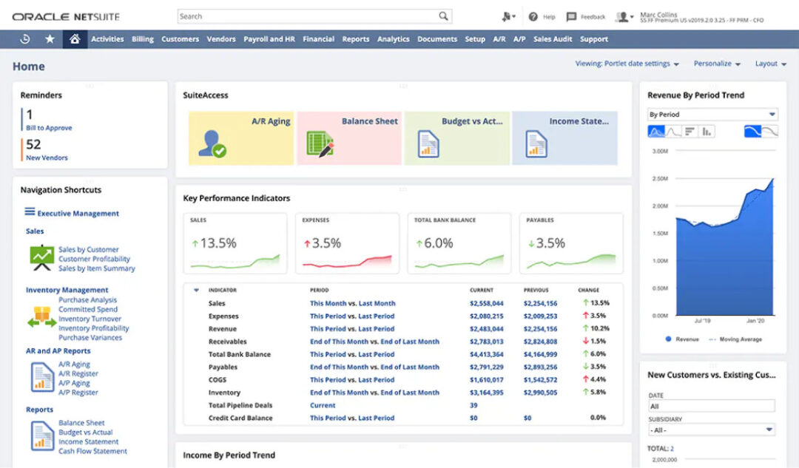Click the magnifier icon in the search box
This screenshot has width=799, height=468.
pyautogui.click(x=443, y=16)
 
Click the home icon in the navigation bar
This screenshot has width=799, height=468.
pyautogui.click(x=75, y=39)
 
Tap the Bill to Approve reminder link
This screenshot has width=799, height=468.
pyautogui.click(x=49, y=128)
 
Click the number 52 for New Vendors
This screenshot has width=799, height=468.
pyautogui.click(x=33, y=145)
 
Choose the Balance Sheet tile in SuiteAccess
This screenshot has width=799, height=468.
pyautogui.click(x=349, y=138)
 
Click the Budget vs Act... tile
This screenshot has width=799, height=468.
pyautogui.click(x=456, y=138)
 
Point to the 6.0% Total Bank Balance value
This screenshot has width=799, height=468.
pyautogui.click(x=439, y=243)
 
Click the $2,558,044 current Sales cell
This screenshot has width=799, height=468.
pyautogui.click(x=486, y=303)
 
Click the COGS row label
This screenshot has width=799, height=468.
pyautogui.click(x=217, y=380)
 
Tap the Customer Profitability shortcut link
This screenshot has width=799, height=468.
pyautogui.click(x=94, y=260)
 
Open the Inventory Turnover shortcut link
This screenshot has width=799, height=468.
pyautogui.click(x=89, y=319)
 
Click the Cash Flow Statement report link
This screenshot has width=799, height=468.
pyautogui.click(x=92, y=451)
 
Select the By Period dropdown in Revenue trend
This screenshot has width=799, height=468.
pyautogui.click(x=712, y=115)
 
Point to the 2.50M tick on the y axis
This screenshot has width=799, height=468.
pyautogui.click(x=659, y=178)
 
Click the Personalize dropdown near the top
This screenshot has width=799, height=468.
pyautogui.click(x=716, y=64)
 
